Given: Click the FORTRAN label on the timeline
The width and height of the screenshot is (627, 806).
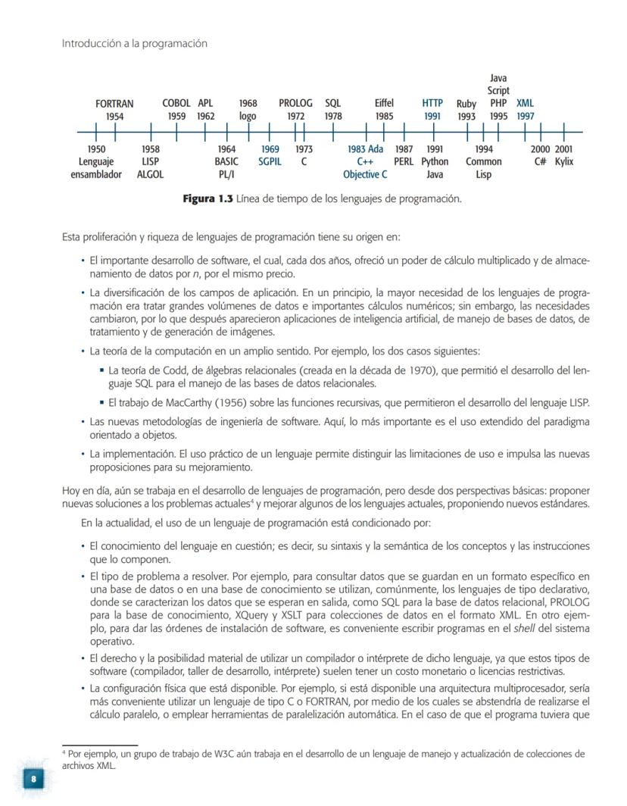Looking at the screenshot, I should [114, 104].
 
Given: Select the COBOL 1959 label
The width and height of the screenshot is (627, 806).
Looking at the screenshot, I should [176, 110].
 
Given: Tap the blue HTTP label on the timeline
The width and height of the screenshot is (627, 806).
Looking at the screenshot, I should [432, 104].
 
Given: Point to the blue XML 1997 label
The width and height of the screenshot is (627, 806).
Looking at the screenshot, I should [525, 110].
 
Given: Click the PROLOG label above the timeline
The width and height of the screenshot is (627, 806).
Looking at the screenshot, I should [295, 104].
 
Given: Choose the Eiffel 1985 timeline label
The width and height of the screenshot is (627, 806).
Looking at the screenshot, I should [384, 110].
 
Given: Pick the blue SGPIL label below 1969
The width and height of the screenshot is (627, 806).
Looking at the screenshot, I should [270, 162].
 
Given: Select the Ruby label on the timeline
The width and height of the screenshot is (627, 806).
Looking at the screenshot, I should [466, 104].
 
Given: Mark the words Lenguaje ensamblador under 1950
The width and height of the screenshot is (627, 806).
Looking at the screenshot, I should [96, 168].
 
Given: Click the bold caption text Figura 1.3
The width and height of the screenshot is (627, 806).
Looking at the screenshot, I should [208, 199].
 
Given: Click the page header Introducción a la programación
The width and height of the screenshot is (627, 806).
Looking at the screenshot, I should [134, 44].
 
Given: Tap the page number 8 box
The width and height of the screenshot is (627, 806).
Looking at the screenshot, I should [33, 779].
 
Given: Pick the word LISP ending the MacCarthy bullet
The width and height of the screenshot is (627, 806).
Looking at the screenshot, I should [576, 402].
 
